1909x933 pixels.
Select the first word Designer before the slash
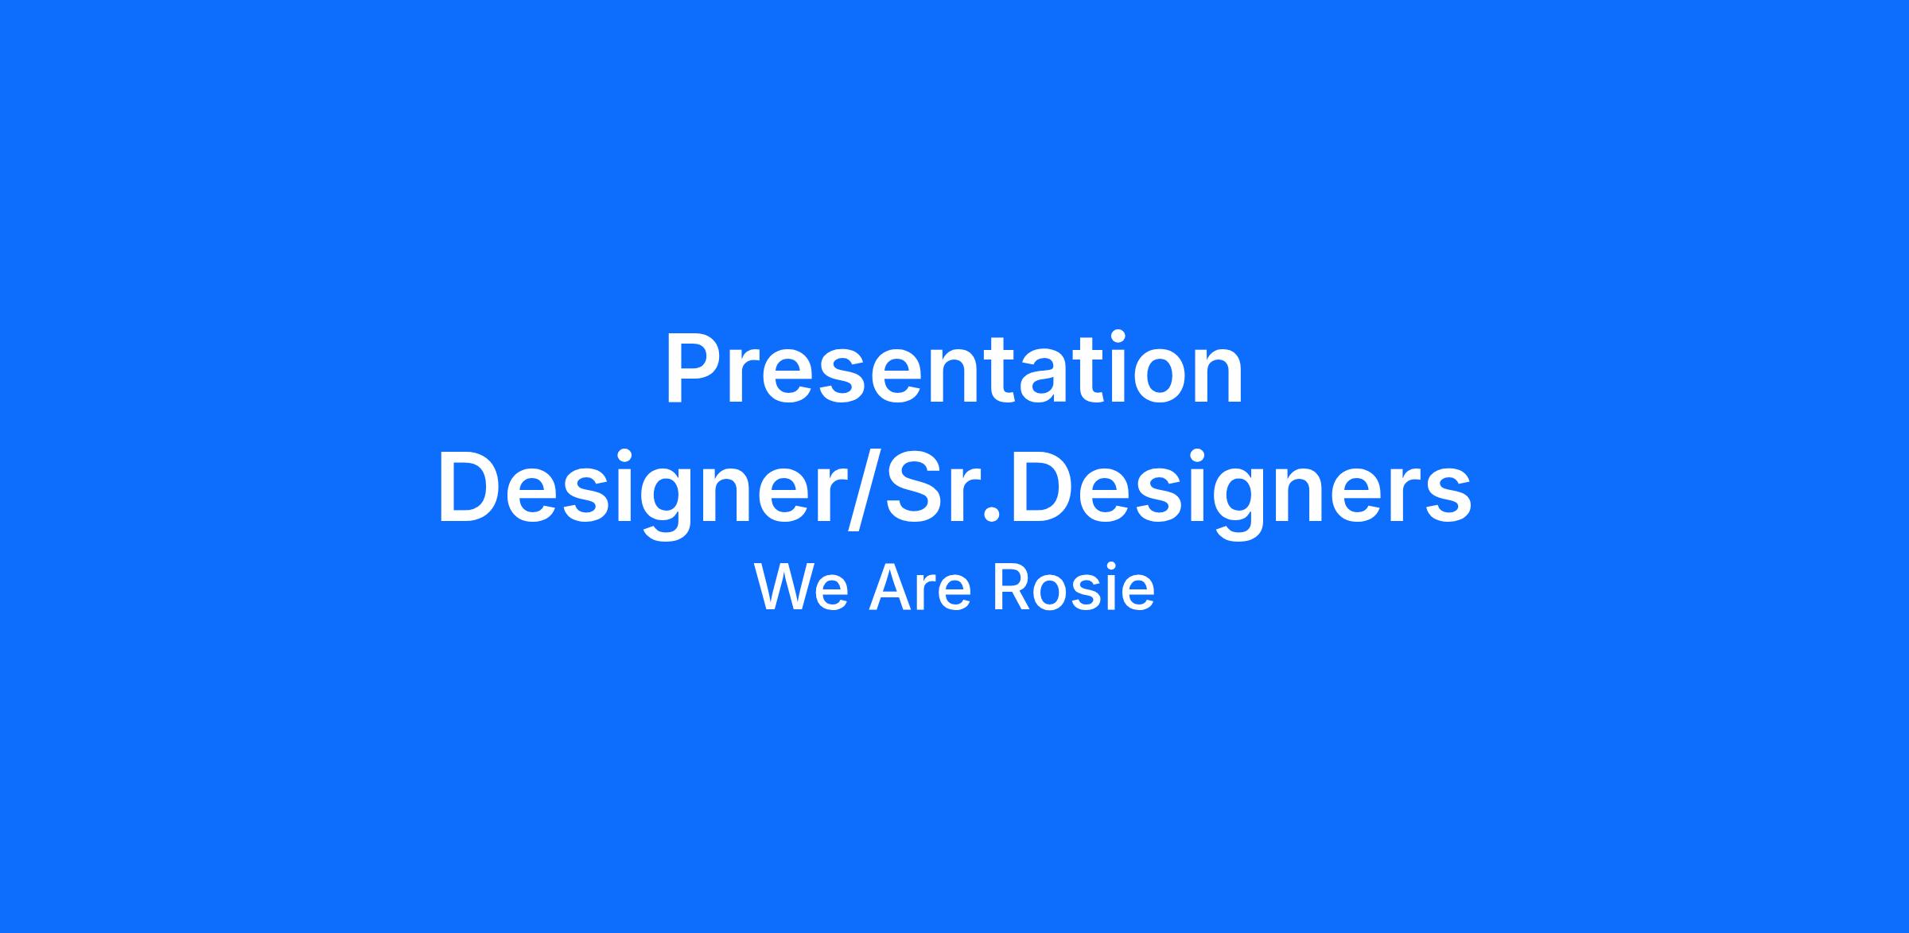pyautogui.click(x=639, y=493)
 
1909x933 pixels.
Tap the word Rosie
pyautogui.click(x=1073, y=589)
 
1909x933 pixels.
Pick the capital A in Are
pyautogui.click(x=888, y=589)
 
